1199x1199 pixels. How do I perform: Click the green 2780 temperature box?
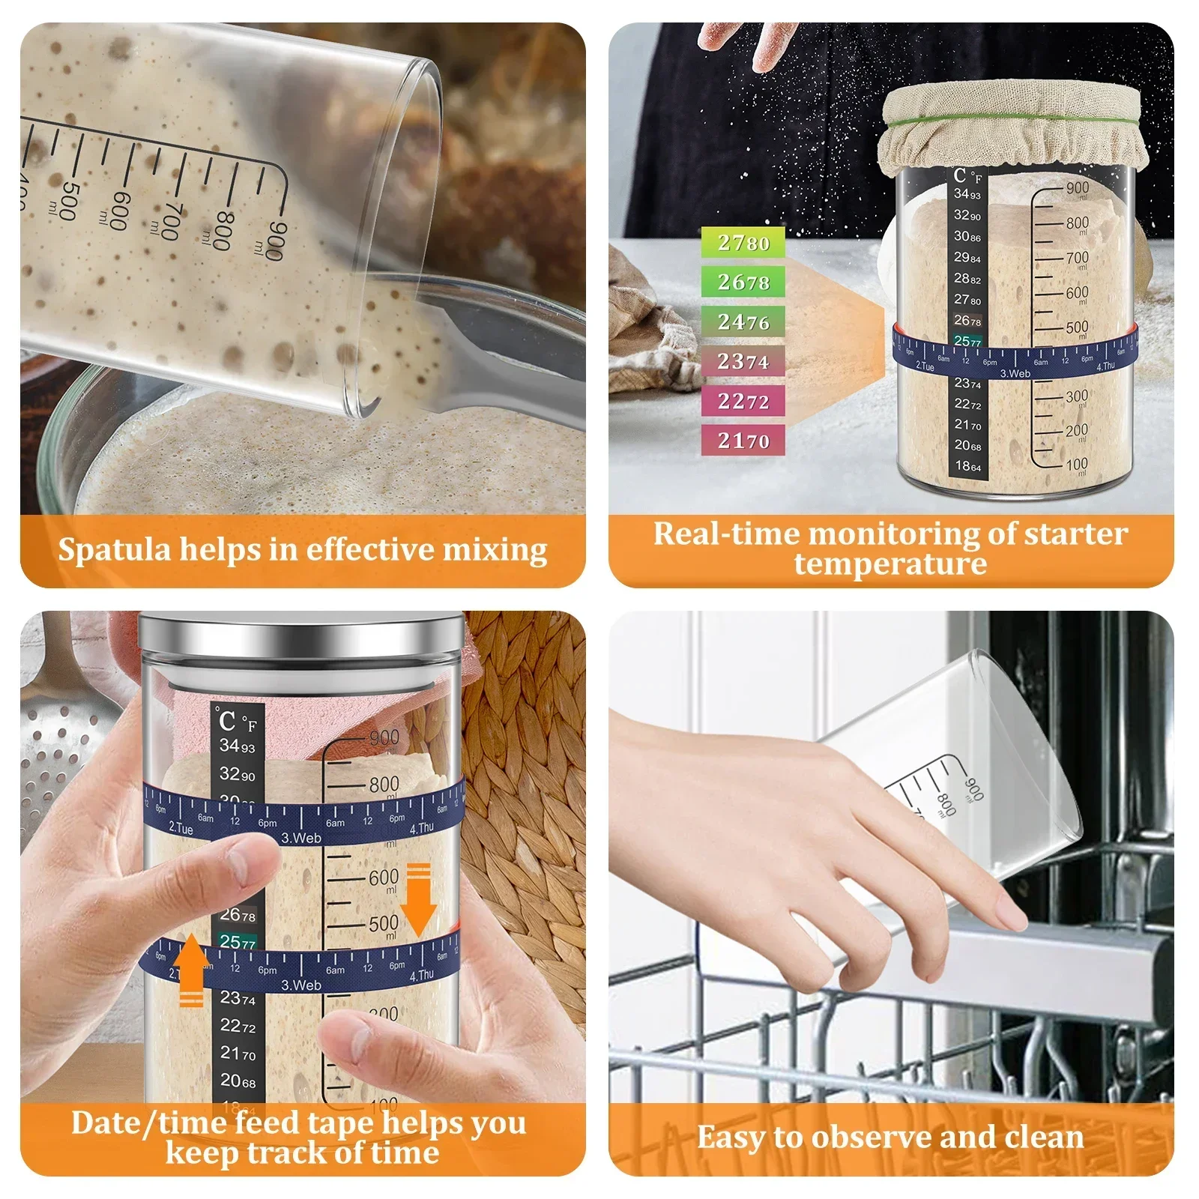click(743, 242)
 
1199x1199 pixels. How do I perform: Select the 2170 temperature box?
click(743, 440)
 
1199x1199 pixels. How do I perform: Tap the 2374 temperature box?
click(743, 361)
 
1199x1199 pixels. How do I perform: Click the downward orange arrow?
click(418, 900)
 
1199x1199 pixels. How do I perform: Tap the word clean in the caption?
click(1044, 1137)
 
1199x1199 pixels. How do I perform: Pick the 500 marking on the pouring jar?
click(69, 201)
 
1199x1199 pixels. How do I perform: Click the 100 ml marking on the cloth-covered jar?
click(1076, 465)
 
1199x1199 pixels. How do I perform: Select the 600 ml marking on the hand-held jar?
click(384, 877)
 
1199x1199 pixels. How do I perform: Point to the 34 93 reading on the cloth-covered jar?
click(967, 194)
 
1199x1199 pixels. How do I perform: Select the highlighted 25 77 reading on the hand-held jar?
click(238, 941)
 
